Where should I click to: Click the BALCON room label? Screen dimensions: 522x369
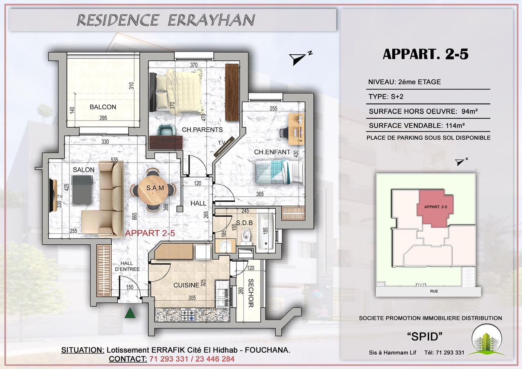pyautogui.click(x=103, y=107)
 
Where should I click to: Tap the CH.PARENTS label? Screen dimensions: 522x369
pyautogui.click(x=202, y=130)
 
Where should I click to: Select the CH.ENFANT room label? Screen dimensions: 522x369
pyautogui.click(x=272, y=152)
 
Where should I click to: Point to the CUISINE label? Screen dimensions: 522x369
pyautogui.click(x=186, y=285)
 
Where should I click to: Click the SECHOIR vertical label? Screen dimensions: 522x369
pyautogui.click(x=251, y=293)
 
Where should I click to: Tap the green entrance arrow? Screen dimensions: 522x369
pyautogui.click(x=130, y=313)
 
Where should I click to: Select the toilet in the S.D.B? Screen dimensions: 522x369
pyautogui.click(x=246, y=237)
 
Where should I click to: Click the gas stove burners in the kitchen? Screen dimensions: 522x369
pyautogui.click(x=188, y=315)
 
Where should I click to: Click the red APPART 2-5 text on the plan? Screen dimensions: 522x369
pyautogui.click(x=150, y=233)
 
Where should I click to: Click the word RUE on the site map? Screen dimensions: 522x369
pyautogui.click(x=434, y=291)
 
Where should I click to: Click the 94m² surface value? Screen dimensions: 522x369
pyautogui.click(x=469, y=111)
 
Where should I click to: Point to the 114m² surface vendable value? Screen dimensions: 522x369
pyautogui.click(x=455, y=125)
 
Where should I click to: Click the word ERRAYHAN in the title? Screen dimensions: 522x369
pyautogui.click(x=211, y=20)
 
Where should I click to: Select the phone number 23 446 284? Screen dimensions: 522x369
pyautogui.click(x=215, y=359)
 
